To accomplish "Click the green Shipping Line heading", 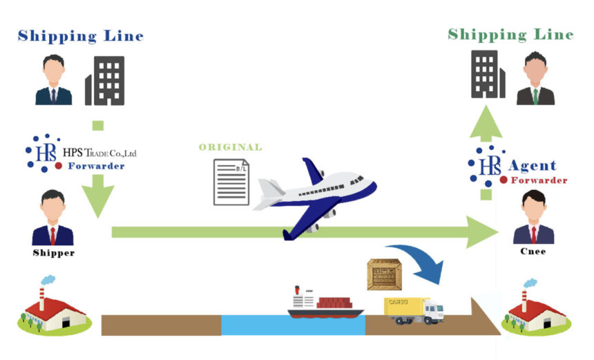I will pyautogui.click(x=510, y=34).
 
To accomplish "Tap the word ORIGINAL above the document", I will pyautogui.click(x=230, y=146).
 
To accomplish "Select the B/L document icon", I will pyautogui.click(x=231, y=182).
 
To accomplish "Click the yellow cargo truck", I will pyautogui.click(x=413, y=310).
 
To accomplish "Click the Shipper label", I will pyautogui.click(x=53, y=253).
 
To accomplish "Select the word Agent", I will pyautogui.click(x=532, y=166).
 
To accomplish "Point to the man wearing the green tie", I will pyautogui.click(x=535, y=78).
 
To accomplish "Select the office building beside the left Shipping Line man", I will pyautogui.click(x=104, y=80).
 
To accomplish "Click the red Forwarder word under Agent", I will pyautogui.click(x=539, y=180).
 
